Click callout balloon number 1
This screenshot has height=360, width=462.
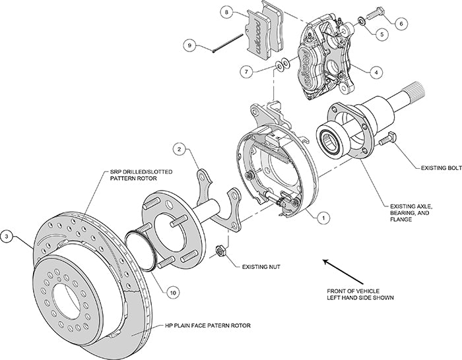(x=323, y=216)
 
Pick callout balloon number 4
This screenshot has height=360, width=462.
(x=375, y=72)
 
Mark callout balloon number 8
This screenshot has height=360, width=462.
(x=226, y=13)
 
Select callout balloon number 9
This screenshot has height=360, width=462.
(x=189, y=45)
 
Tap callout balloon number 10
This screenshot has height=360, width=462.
(x=172, y=291)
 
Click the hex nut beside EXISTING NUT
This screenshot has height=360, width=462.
(x=222, y=251)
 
